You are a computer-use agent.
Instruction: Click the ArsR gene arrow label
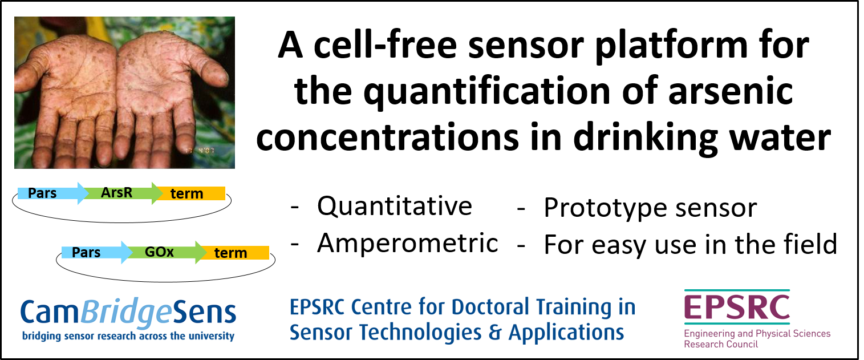(116, 192)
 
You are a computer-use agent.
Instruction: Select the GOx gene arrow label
(159, 252)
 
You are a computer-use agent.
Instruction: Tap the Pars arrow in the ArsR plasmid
(53, 193)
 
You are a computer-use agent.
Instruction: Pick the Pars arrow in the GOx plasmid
(97, 252)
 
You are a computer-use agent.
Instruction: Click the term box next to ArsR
(192, 193)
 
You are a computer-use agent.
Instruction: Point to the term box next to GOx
(236, 253)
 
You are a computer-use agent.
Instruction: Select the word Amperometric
(408, 244)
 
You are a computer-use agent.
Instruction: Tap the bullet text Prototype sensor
(650, 208)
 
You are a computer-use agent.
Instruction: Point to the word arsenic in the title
(731, 91)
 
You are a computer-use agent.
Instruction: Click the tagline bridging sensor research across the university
(128, 336)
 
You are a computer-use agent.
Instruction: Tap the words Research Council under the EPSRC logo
(721, 344)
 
